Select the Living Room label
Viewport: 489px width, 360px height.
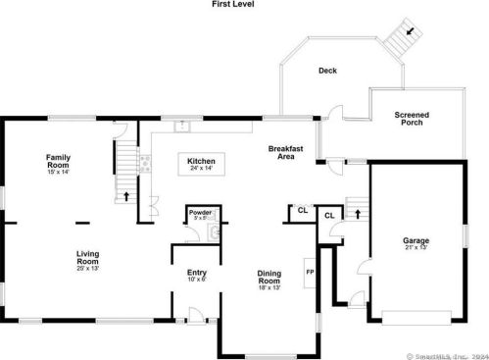point(88,259)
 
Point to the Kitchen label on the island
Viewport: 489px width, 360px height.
point(201,161)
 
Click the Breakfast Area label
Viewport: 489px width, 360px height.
point(286,152)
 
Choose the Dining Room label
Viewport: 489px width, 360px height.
point(269,278)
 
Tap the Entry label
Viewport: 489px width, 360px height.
point(196,273)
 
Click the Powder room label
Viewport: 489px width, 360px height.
point(200,212)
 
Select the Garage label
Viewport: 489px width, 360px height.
point(416,240)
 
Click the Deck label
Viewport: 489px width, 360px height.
point(327,71)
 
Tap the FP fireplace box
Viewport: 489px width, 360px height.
point(309,272)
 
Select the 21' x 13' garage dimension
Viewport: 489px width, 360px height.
point(416,248)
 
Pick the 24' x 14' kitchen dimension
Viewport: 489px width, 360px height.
point(201,169)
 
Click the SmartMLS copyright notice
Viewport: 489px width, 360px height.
point(445,353)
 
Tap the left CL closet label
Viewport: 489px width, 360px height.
point(303,210)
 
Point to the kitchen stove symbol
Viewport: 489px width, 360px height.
point(144,164)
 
